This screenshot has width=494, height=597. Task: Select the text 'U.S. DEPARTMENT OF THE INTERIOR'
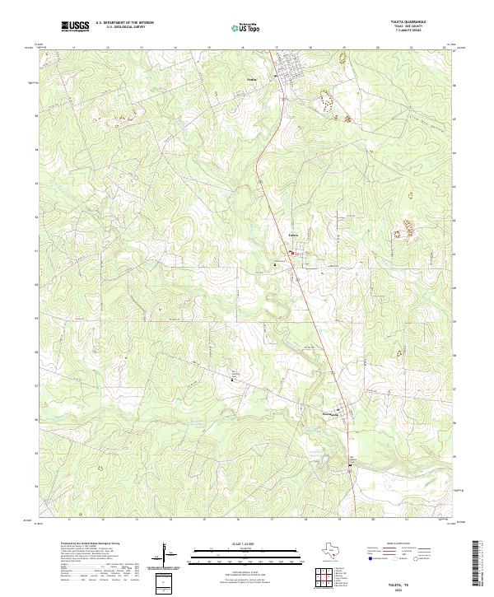[x=124, y=23]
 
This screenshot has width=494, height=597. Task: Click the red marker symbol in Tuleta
[x=291, y=254]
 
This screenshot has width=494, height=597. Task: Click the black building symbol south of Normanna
[x=349, y=468]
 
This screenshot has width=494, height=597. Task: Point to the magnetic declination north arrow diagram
[x=167, y=557]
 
